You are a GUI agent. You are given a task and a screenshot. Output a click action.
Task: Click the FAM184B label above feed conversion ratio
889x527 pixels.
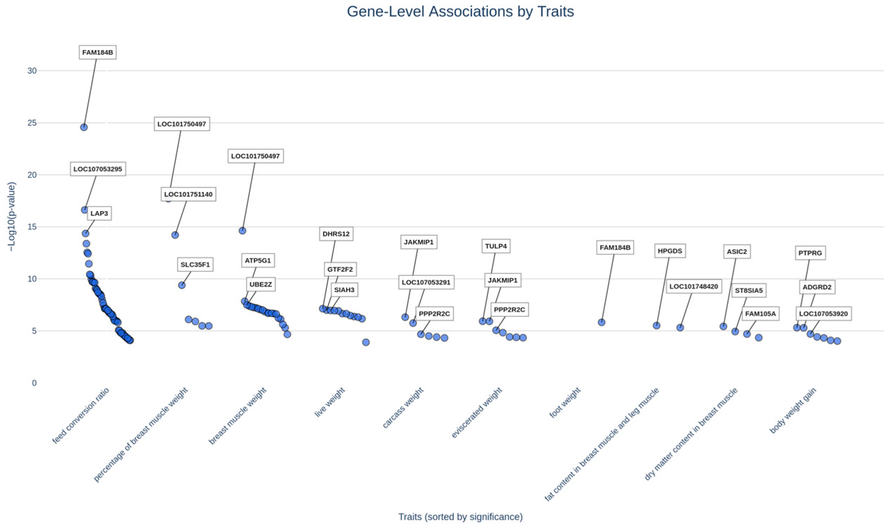(x=97, y=53)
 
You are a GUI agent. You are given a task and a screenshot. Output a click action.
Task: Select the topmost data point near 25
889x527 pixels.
(x=84, y=127)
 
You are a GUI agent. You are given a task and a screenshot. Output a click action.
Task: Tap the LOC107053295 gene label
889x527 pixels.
(x=98, y=169)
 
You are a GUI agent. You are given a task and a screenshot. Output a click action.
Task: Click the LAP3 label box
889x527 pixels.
(x=99, y=213)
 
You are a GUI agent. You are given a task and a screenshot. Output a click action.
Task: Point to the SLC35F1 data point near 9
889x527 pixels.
(x=181, y=285)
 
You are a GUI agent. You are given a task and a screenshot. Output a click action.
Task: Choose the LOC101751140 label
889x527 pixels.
(x=188, y=194)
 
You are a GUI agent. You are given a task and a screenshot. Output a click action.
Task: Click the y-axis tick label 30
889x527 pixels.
(x=32, y=71)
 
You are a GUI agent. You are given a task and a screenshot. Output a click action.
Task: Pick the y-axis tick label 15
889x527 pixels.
(x=32, y=226)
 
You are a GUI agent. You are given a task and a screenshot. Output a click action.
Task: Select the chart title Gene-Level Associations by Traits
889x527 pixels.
(x=460, y=11)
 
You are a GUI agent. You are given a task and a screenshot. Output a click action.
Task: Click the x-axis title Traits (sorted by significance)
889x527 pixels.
(x=460, y=517)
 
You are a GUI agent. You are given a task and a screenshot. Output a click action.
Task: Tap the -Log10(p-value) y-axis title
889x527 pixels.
(x=12, y=217)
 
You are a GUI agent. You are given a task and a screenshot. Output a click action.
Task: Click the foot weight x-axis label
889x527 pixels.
(x=565, y=403)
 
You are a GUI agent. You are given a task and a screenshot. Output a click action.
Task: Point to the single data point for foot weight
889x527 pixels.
(x=601, y=322)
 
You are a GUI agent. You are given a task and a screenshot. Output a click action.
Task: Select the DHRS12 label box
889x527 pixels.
(x=336, y=234)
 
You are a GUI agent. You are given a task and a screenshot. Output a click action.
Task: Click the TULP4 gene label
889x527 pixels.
(x=495, y=246)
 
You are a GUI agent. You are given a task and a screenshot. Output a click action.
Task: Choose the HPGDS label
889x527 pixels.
(x=670, y=251)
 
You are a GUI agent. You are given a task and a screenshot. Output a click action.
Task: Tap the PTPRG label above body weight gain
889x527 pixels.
(x=810, y=253)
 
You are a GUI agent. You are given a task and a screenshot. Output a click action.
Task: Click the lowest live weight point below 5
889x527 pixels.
(x=366, y=342)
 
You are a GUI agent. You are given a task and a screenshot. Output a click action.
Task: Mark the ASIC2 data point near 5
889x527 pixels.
(x=723, y=326)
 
